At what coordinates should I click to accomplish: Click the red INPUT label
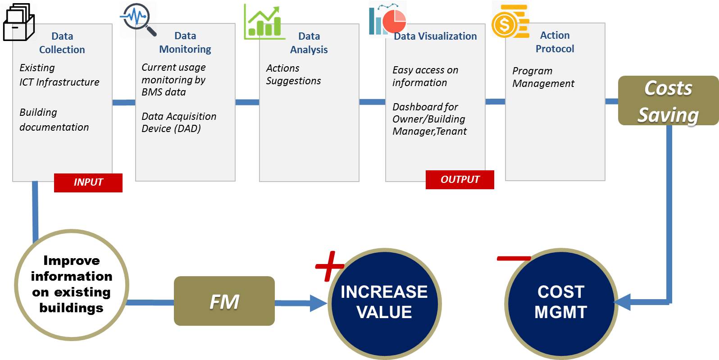point(88,183)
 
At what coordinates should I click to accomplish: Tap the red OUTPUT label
point(460,179)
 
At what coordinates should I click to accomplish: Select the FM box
point(224,301)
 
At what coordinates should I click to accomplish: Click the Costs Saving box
point(668,100)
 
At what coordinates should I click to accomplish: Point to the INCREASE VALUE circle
point(385,304)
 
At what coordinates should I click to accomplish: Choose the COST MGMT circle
point(561,304)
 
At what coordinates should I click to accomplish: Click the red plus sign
point(330,266)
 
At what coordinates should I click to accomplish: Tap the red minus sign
point(514,258)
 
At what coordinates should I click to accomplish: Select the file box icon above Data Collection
point(18,22)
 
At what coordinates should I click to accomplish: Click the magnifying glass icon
point(138,19)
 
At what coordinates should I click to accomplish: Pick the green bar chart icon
point(264,22)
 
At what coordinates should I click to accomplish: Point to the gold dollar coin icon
point(510,22)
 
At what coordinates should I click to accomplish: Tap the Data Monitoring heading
point(185,42)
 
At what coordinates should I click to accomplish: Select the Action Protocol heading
point(555,42)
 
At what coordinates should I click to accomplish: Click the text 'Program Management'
point(543,77)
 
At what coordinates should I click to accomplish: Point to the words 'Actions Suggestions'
point(293,74)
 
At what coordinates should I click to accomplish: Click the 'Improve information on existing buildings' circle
point(72,285)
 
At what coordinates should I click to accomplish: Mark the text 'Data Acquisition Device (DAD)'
point(179,123)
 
